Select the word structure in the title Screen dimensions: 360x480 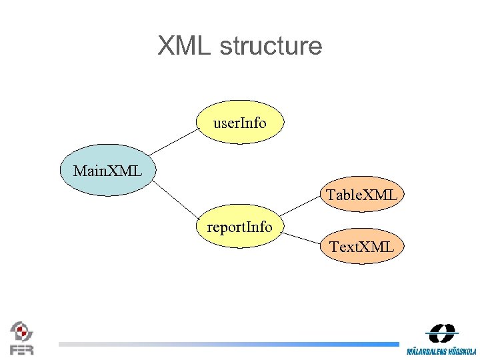pyautogui.click(x=270, y=46)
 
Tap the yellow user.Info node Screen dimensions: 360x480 pyautogui.click(x=240, y=123)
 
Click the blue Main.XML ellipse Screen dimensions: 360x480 pyautogui.click(x=107, y=171)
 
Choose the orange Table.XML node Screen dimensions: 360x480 pyautogui.click(x=361, y=195)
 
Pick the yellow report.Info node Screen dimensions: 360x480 pyautogui.click(x=240, y=227)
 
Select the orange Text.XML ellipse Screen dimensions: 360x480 pyautogui.click(x=361, y=247)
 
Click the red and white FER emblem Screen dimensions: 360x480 pyautogui.click(x=21, y=332)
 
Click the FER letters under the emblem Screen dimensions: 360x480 pyautogui.click(x=21, y=349)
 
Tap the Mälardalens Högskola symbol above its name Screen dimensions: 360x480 pyautogui.click(x=441, y=333)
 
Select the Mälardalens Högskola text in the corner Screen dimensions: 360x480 pyautogui.click(x=441, y=351)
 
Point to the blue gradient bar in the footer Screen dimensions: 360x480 pyautogui.click(x=227, y=344)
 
